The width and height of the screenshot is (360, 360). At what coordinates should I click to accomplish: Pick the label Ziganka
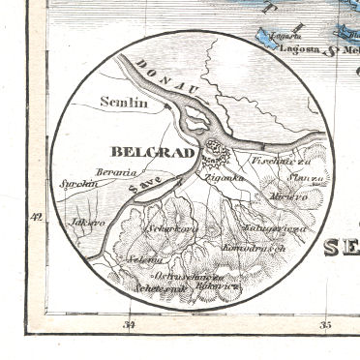225,179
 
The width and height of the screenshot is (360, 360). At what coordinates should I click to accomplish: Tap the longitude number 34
129,325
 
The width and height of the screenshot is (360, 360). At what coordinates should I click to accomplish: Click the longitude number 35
326,325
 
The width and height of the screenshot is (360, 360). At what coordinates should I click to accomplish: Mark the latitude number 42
38,217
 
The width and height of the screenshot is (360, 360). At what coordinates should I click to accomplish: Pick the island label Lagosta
297,46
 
